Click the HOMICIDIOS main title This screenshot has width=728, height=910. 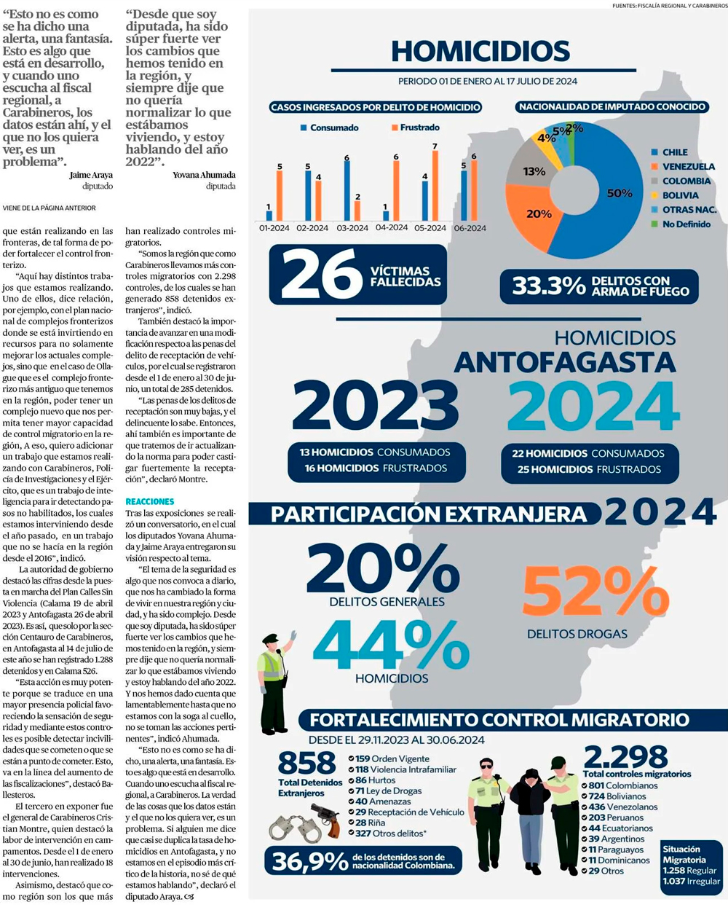coord(480,51)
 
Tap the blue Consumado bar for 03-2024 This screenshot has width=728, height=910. coord(347,190)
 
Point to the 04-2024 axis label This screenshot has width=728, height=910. coord(392,228)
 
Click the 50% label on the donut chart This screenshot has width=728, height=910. coord(620,193)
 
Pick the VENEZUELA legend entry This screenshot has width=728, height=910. coord(688,167)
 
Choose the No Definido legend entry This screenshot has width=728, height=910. coord(686,224)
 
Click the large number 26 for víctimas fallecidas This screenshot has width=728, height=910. coord(321,275)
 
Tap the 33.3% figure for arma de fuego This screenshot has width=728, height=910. coord(549,286)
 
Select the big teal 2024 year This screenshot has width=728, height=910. coord(593,407)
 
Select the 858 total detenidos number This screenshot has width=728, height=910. coord(306,764)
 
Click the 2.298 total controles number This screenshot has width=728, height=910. coord(625,757)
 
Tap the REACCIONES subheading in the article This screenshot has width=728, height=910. coord(150,501)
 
